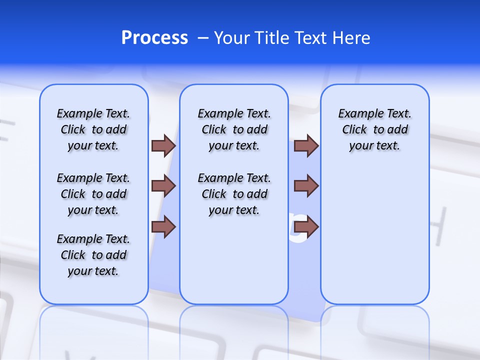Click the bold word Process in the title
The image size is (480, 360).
pos(154,38)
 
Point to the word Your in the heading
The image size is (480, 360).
pos(232,38)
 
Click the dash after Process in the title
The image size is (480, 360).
pos(203,38)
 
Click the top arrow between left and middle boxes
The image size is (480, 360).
pos(163,146)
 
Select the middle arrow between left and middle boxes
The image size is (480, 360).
pos(163,186)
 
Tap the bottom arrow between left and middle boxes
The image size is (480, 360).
pos(163,227)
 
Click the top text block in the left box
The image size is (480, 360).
pos(93,129)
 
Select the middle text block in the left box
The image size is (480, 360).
pos(93,194)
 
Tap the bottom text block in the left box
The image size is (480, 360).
pos(93,255)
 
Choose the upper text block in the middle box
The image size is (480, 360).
pos(234,129)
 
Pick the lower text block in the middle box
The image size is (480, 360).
pos(234,194)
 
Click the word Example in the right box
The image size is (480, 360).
pos(358,114)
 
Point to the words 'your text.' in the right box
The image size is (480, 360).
pos(374,146)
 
